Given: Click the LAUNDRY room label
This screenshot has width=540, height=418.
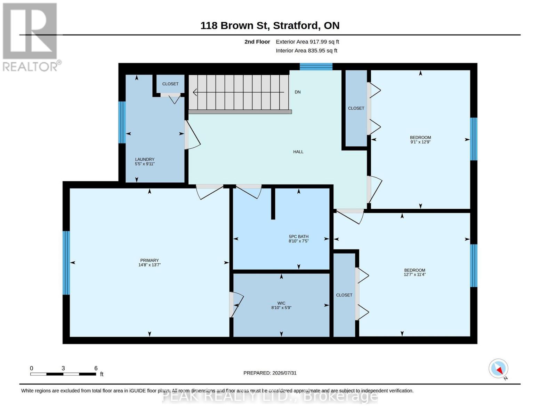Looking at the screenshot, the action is coord(145,159).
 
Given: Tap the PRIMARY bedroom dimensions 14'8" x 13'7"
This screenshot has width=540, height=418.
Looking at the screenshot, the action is coord(150,265).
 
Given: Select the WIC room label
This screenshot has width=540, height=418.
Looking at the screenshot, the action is coord(281,303).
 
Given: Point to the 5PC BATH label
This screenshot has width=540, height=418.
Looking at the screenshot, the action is coord(298,237).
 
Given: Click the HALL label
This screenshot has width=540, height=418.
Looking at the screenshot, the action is coord(298,152).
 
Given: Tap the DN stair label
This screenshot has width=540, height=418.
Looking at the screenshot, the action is coord(297,92).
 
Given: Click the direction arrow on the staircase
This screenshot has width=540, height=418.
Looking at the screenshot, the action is coord(238,92).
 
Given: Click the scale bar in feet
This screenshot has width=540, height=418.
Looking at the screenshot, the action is coord(63,374).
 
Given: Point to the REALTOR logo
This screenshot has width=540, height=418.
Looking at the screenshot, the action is coord(31,37).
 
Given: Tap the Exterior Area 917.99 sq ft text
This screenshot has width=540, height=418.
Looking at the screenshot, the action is coord(307,41).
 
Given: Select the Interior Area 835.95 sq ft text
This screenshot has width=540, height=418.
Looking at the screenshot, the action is coord(306,51).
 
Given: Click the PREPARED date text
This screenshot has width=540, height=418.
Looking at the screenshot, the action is coord(270,373).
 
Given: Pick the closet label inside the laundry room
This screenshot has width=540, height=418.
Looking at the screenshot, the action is coord(170,84).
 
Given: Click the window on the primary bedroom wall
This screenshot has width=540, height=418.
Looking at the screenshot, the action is coord(66,263).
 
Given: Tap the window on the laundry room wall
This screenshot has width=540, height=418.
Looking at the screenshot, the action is coord(122,122).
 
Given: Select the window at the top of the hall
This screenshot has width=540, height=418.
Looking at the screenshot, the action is coord(316,67).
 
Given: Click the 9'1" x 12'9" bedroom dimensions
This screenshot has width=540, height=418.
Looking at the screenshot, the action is coord(420,142).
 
